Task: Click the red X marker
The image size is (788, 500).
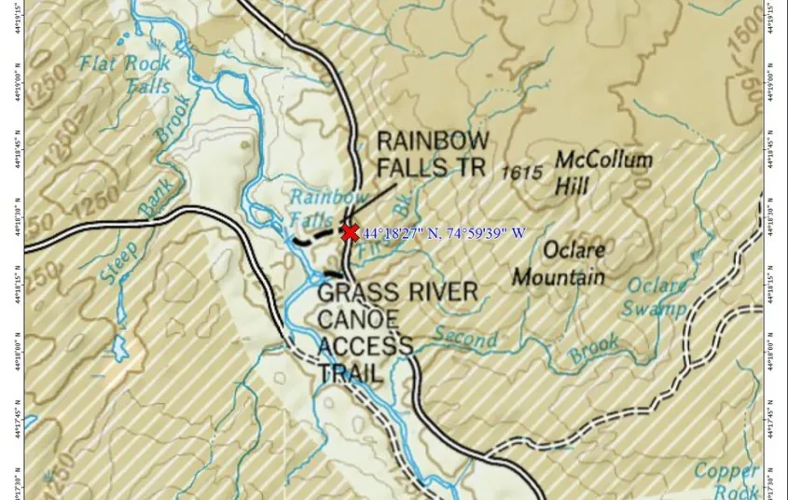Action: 350,232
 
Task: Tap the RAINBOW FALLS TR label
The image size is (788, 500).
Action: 432,154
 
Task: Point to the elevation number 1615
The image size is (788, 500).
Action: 521,173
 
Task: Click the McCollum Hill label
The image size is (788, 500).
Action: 602,172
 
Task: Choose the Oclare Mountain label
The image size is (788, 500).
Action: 560,263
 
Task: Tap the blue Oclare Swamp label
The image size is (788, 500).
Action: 656,297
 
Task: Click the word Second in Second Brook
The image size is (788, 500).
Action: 464,337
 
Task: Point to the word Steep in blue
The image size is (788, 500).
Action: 120,262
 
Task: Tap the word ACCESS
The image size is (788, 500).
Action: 365,346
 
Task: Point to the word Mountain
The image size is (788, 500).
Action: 558,277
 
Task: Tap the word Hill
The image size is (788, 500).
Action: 573,187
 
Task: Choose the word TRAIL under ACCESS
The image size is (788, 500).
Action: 350,374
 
